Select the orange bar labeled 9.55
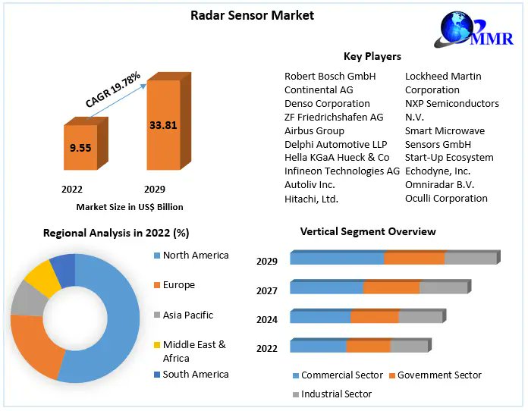click(80, 148)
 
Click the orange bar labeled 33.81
click(163, 126)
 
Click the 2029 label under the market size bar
click(153, 189)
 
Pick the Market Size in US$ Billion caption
click(130, 206)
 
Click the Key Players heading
click(372, 56)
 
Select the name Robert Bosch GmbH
click(330, 76)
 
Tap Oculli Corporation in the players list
click(446, 198)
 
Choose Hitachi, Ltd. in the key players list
click(311, 199)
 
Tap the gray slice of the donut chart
click(27, 300)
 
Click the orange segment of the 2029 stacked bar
click(413, 258)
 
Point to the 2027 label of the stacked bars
click(267, 290)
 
